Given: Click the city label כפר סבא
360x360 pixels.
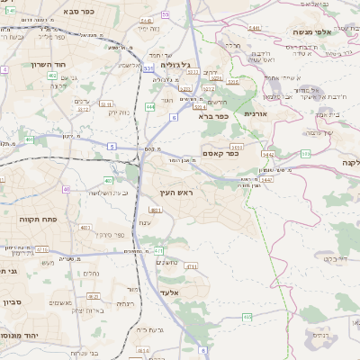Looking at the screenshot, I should [82, 12].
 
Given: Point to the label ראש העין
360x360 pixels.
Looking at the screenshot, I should [177, 193].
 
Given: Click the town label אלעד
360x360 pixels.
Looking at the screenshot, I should [169, 292].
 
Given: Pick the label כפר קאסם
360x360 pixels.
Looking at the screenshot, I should [220, 153].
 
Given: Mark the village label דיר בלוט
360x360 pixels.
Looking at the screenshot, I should [310, 258].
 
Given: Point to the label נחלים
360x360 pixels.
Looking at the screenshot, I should [91, 273].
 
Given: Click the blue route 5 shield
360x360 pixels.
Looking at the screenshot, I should [111, 146].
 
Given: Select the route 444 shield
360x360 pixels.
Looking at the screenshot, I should [149, 106].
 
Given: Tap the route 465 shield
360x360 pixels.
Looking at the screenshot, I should [247, 317].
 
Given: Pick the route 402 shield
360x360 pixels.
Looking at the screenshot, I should [52, 76].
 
